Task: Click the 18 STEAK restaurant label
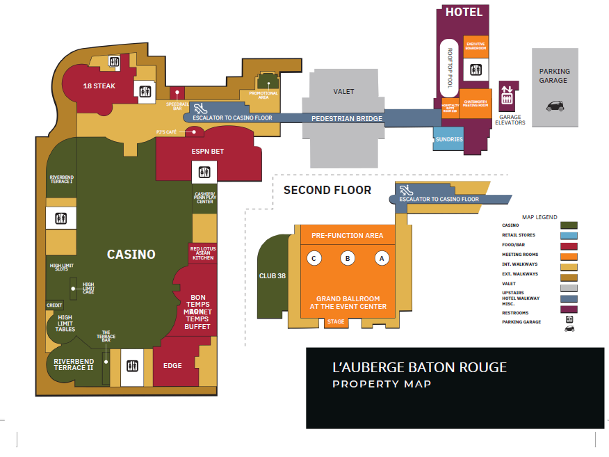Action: (x=99, y=86)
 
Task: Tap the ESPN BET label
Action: (x=207, y=151)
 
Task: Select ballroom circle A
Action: (x=380, y=258)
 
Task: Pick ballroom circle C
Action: (x=314, y=258)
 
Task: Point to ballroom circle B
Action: (x=347, y=258)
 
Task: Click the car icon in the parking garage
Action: (x=555, y=106)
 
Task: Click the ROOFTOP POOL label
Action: (x=450, y=68)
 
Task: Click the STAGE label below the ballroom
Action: (x=336, y=322)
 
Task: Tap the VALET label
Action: (x=343, y=91)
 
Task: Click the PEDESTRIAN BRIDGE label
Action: (x=347, y=119)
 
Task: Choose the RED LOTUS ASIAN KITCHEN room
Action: (x=202, y=253)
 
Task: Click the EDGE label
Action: (x=172, y=366)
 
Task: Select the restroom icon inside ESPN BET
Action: (x=204, y=172)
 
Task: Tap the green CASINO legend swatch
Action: (x=569, y=225)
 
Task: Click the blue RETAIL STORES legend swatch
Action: (x=569, y=235)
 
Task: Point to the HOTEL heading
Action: (x=463, y=12)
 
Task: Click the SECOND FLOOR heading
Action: (x=327, y=190)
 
